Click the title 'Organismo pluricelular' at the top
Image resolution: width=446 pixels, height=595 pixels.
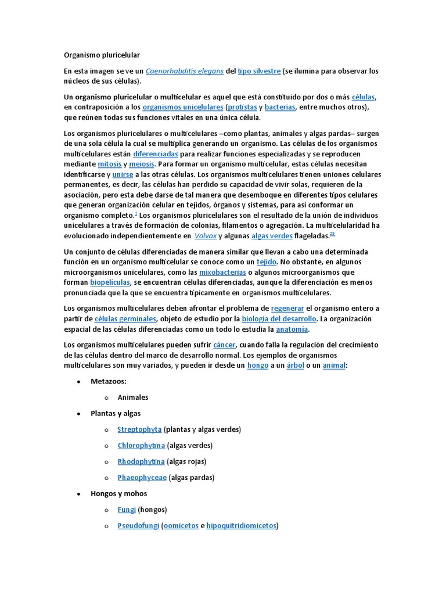tap(102, 55)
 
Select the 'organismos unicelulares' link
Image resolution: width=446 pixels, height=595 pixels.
tap(182, 107)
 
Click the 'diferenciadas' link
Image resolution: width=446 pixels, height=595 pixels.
tap(156, 154)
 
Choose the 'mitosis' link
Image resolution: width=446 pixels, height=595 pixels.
tap(109, 164)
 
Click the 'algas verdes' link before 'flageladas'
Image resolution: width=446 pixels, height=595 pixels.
tap(272, 236)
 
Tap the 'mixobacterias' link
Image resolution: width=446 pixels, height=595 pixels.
tap(222, 272)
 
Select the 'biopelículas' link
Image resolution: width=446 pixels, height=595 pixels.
tap(110, 282)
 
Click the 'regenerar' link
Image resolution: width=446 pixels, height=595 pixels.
tap(287, 309)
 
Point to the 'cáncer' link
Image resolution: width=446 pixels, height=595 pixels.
tap(225, 345)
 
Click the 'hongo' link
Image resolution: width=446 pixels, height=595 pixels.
tap(258, 365)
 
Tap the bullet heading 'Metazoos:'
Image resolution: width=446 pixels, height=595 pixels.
tap(109, 381)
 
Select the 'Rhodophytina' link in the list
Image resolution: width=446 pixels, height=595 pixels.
tap(141, 461)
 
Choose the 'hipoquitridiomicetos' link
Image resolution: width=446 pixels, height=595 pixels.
tap(241, 526)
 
